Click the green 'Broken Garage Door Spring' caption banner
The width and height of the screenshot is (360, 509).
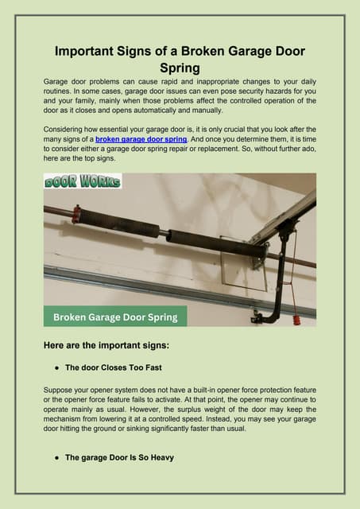pos(115,317)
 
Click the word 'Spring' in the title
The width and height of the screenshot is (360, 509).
pos(180,69)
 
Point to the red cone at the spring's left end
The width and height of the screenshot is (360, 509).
pos(76,214)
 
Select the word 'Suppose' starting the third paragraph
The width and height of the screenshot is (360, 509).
pos(62,390)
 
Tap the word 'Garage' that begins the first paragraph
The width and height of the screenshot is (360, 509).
pos(58,81)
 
